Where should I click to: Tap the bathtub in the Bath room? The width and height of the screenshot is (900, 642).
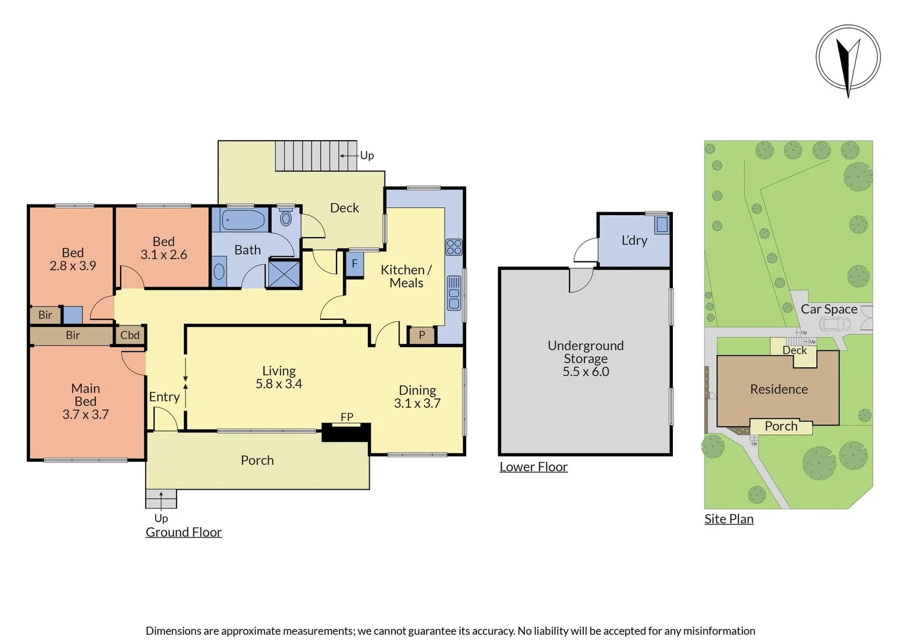point(243,220)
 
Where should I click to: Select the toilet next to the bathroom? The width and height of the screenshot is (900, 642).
point(286,218)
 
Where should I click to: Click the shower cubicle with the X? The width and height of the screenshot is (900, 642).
point(284,274)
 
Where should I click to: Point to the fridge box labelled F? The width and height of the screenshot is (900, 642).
point(354,263)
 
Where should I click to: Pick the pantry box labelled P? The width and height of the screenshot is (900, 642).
point(421,335)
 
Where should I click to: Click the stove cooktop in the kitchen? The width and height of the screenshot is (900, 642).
point(454,247)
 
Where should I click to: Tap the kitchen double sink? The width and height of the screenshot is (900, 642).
point(454,293)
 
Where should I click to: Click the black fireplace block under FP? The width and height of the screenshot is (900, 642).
point(346,432)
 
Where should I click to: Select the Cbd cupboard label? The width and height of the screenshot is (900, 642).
point(130,335)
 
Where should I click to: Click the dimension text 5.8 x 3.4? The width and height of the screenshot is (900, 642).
point(279,385)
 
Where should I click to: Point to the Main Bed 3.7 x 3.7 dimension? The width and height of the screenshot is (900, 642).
point(86,415)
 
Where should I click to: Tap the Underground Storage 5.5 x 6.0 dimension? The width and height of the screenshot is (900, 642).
point(586,372)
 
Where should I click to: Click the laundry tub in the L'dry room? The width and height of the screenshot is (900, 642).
point(661,225)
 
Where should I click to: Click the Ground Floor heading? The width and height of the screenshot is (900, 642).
point(184,533)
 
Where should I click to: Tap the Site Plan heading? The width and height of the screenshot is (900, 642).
point(729,519)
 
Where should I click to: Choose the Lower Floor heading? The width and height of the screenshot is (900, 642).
point(533,467)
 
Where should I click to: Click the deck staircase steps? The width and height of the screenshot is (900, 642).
point(315,156)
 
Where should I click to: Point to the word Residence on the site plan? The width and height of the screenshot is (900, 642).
point(779,389)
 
